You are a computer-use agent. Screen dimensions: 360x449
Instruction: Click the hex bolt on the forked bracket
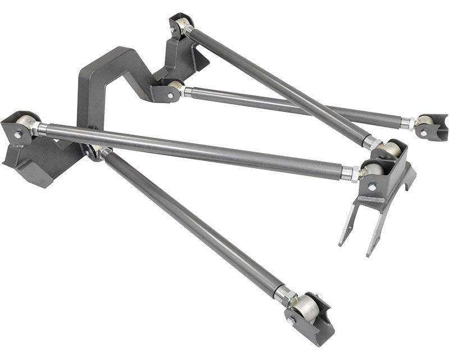tap(371, 187)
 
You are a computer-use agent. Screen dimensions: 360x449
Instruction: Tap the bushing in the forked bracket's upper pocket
tap(391, 149)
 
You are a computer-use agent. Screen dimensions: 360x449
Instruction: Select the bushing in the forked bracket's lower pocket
tap(373, 169)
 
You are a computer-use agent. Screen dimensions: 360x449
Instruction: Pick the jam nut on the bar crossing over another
tap(370, 142)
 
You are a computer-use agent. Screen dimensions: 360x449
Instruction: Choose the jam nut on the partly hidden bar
tap(405, 122)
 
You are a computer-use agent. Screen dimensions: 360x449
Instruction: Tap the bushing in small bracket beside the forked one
tap(424, 122)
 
